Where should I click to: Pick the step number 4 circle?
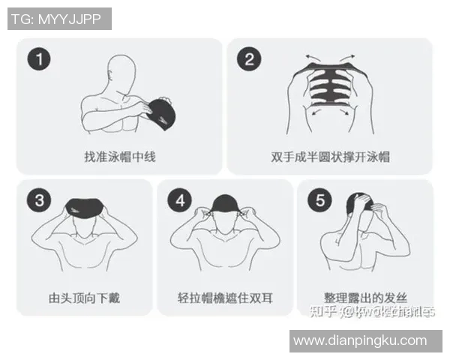pyautogui.click(x=180, y=200)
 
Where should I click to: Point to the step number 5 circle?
pyautogui.click(x=320, y=200)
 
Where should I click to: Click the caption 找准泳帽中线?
pyautogui.click(x=120, y=157)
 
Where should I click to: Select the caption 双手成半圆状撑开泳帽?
pyautogui.click(x=330, y=157)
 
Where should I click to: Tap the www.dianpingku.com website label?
pyautogui.click(x=360, y=340)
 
